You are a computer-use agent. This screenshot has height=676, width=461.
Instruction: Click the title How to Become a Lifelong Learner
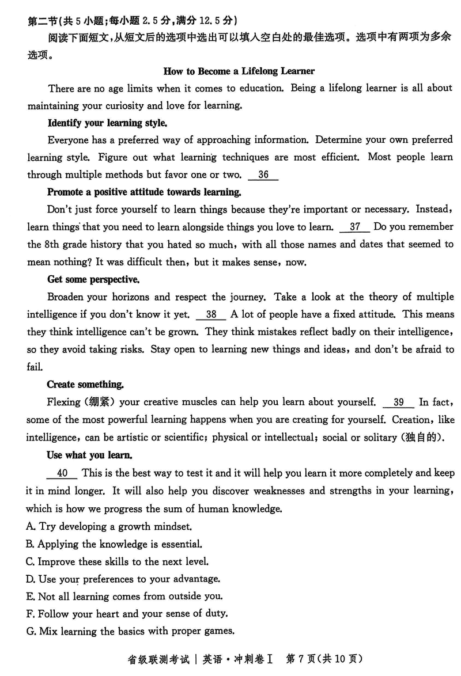[239, 71]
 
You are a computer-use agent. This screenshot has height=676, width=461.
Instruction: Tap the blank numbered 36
[263, 175]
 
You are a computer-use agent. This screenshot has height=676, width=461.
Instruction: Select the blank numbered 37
[355, 227]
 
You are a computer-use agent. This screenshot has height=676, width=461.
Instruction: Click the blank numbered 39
[398, 402]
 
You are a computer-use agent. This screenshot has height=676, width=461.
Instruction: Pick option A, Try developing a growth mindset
[109, 526]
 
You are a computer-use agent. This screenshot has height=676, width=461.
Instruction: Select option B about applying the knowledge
[114, 544]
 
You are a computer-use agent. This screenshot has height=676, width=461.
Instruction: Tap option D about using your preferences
[123, 579]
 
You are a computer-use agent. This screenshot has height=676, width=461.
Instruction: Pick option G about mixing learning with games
[130, 631]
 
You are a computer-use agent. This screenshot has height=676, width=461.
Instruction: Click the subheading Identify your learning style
[107, 123]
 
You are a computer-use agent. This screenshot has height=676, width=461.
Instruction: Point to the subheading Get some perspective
[92, 280]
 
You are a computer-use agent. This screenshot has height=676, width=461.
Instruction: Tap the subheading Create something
[85, 385]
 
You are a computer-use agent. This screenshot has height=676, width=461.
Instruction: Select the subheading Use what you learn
[89, 455]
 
